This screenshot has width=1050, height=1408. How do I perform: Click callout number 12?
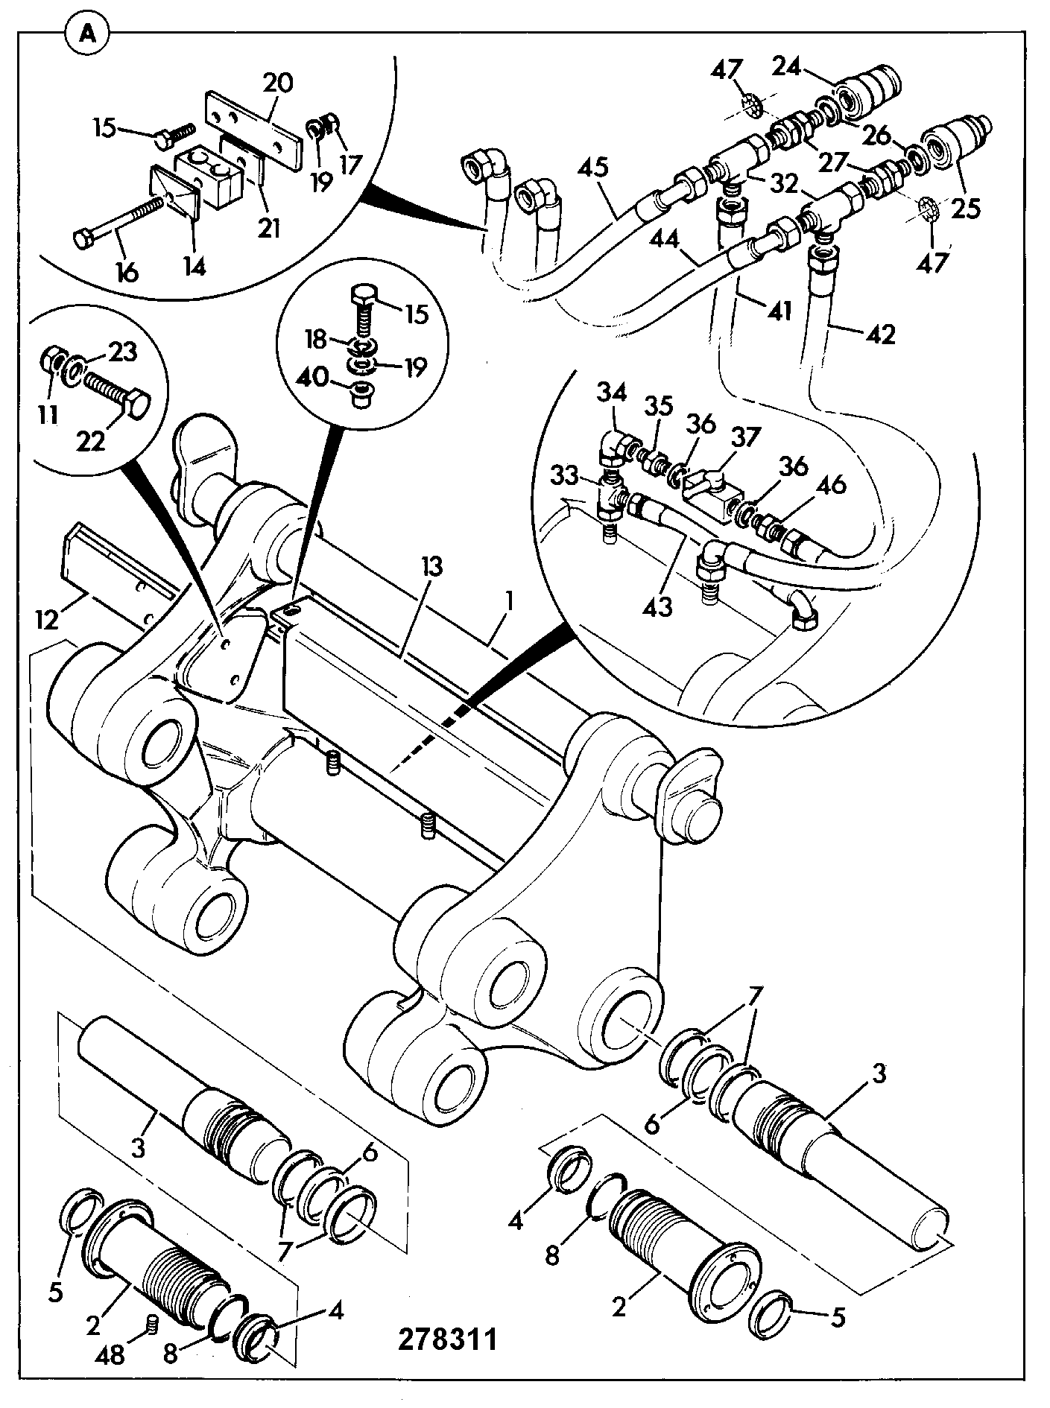click(x=48, y=619)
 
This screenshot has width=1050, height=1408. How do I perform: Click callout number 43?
click(x=657, y=606)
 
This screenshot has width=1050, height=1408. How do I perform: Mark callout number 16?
click(x=127, y=273)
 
